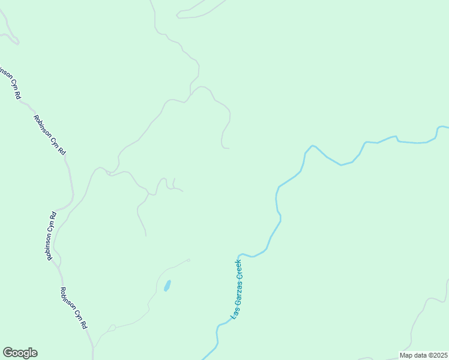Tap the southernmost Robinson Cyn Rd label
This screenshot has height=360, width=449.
click(74, 308)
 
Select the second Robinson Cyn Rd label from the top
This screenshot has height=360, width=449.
click(49, 135)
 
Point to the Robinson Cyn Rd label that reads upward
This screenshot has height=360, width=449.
click(50, 235)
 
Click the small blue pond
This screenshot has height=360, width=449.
click(167, 286)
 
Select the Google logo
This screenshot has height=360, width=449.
click(20, 353)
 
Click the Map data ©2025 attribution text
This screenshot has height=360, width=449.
click(423, 355)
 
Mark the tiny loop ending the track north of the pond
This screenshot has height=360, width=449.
click(188, 260)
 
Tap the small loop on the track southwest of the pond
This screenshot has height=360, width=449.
click(111, 328)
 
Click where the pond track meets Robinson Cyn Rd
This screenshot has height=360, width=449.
click(93, 347)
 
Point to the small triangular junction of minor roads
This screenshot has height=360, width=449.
click(109, 173)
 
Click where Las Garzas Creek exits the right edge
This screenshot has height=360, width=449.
click(447, 127)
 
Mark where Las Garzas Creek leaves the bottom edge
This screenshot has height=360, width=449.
click(204, 359)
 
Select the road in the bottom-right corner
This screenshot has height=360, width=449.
click(420, 318)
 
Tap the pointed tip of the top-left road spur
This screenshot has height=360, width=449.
click(18, 43)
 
